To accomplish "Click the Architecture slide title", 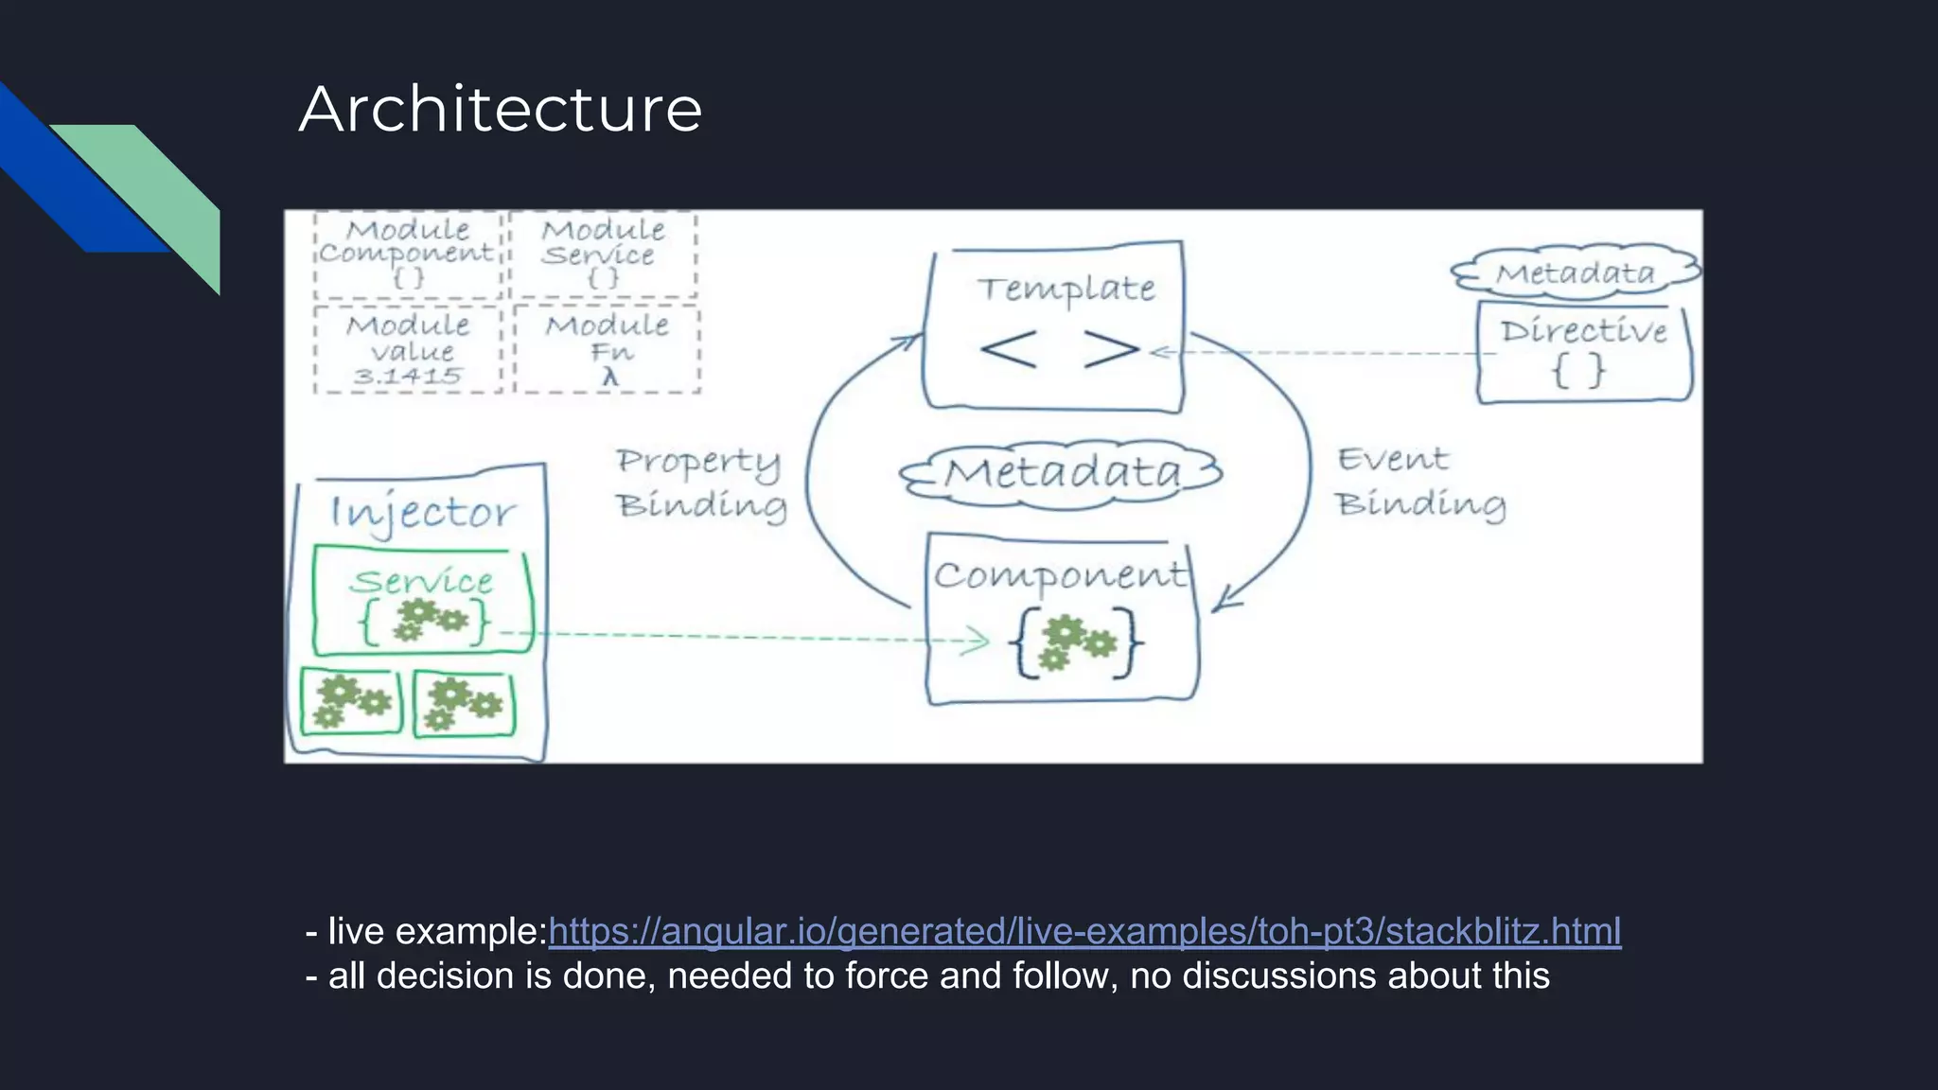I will coord(501,109).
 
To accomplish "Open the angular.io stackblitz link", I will coord(1084,931).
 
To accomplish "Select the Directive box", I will coord(1583,353).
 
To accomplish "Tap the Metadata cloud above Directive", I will coord(1576,273).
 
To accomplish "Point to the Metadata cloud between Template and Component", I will coord(1062,473).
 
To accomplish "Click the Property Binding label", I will coord(700,483).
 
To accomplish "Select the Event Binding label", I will coord(1419,483).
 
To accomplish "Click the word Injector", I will coord(422,514).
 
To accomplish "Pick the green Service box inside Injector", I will coord(423,600).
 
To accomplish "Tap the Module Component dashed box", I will coord(408,255).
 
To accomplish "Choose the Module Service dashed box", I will coord(603,255).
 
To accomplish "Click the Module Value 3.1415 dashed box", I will coord(408,350).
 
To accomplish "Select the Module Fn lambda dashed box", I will coord(607,350).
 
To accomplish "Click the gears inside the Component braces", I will coord(1074,643).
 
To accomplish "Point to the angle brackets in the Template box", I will coord(1059,349).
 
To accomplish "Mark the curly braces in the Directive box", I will coord(1579,370).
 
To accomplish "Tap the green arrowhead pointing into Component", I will coord(977,641).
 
